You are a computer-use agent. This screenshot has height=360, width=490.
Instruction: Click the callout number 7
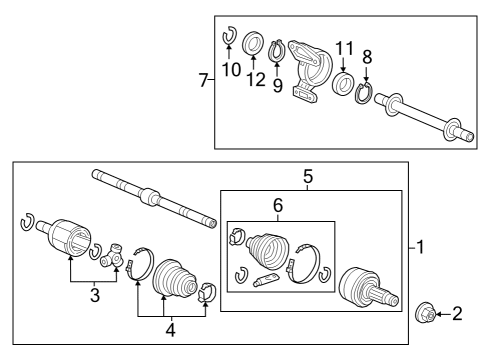click(x=203, y=80)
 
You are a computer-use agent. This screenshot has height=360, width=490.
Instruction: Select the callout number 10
click(x=231, y=70)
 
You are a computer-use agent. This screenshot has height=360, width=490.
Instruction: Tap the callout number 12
click(x=256, y=80)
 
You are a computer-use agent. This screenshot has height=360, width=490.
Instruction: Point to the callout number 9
click(x=278, y=85)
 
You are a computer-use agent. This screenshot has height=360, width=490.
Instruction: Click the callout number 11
click(x=344, y=49)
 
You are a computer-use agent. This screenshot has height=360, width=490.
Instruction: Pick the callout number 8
click(x=367, y=57)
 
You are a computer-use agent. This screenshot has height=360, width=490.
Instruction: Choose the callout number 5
click(x=308, y=176)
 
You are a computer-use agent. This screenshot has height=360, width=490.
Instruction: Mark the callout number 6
click(x=278, y=205)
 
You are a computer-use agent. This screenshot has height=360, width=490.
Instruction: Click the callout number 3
click(x=95, y=295)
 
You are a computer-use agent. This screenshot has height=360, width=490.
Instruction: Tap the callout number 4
click(x=171, y=330)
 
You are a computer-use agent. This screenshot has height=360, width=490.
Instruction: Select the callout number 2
click(x=457, y=314)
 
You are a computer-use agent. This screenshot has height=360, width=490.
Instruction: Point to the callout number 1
click(x=421, y=247)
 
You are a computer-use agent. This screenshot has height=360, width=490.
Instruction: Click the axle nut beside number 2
click(x=426, y=313)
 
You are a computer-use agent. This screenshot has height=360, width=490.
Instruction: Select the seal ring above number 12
click(x=253, y=43)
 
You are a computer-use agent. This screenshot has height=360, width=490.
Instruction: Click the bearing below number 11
click(x=344, y=84)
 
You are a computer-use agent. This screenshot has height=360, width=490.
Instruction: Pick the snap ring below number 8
click(x=364, y=94)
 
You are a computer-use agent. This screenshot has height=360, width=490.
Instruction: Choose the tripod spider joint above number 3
click(x=112, y=256)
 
